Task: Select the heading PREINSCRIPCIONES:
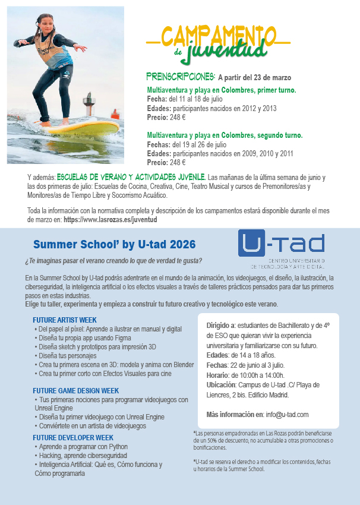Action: click(x=181, y=77)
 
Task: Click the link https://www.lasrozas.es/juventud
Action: click(x=110, y=219)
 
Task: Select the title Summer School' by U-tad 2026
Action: click(x=114, y=244)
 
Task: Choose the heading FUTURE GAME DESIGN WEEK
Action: click(x=75, y=391)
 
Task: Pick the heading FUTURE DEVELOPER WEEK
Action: click(x=73, y=438)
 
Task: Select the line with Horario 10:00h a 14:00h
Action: click(x=245, y=375)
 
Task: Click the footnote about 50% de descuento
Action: click(x=258, y=440)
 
